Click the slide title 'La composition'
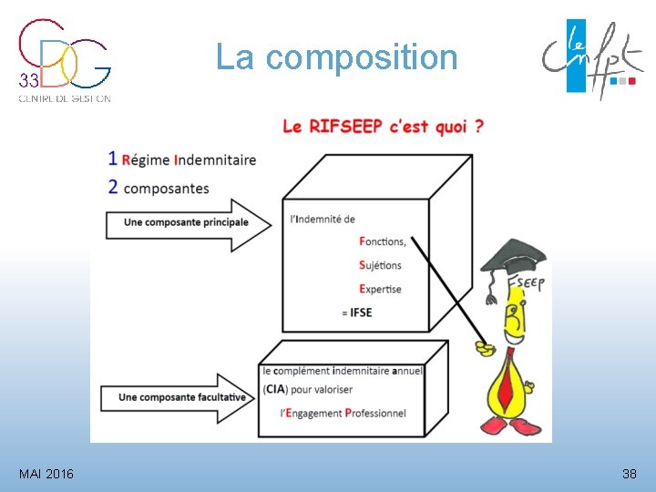336,57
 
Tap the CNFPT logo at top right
587,58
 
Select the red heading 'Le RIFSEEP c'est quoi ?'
383,127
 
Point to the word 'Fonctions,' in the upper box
383,241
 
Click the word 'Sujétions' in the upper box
380,265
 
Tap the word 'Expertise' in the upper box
380,289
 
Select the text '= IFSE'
356,313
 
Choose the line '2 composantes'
159,189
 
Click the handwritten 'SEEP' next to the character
529,283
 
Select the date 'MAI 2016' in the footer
46,474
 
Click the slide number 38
629,474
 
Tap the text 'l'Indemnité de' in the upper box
322,219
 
